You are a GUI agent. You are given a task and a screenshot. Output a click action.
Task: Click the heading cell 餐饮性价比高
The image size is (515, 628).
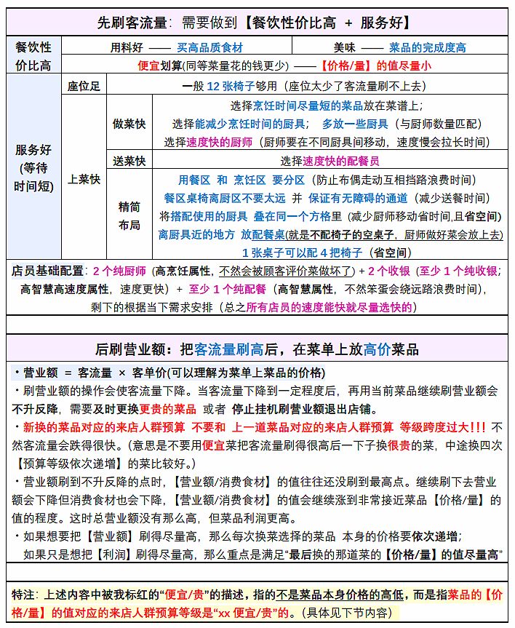tap(33, 56)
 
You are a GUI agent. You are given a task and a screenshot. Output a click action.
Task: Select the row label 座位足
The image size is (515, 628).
tap(84, 85)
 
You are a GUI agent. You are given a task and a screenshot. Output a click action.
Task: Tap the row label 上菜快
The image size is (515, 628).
tap(84, 178)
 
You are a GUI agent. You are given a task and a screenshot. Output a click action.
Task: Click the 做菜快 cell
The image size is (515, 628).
tap(129, 123)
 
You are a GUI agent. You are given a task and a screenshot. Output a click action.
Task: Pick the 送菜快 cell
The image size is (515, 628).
tap(129, 161)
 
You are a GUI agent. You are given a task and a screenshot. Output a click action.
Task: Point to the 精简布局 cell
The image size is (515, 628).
tap(129, 215)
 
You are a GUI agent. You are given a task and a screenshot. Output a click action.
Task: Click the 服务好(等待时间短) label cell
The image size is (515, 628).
tap(33, 167)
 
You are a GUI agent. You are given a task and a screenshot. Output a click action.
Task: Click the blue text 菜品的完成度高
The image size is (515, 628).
tap(428, 48)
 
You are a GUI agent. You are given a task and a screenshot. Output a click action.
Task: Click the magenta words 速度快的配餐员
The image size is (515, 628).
tap(340, 161)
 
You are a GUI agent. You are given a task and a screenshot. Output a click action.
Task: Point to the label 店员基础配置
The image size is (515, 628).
tap(49, 271)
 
